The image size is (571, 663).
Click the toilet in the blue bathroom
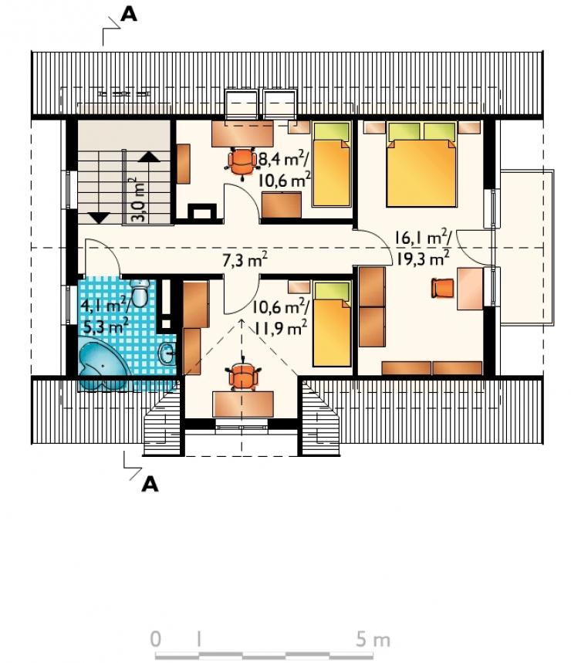pyautogui.click(x=139, y=293)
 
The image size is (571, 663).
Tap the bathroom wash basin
pyautogui.click(x=167, y=353)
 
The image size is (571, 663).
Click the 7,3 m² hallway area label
pyautogui.click(x=245, y=260)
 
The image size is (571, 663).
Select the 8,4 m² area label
pyautogui.click(x=283, y=160)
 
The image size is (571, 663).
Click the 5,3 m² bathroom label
pyautogui.click(x=106, y=326)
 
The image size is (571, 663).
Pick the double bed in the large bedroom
pyautogui.click(x=422, y=164)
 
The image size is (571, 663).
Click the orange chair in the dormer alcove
pyautogui.click(x=242, y=376)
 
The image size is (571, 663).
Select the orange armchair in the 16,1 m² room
pyautogui.click(x=442, y=288)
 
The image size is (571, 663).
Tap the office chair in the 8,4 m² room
pyautogui.click(x=242, y=161)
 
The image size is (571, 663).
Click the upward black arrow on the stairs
pyautogui.click(x=149, y=157)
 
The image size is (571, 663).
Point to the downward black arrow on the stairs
pyautogui.click(x=100, y=218)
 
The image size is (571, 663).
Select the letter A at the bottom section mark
pyautogui.click(x=150, y=484)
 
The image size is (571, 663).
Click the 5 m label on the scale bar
pyautogui.click(x=373, y=640)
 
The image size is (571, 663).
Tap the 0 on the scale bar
pyautogui.click(x=156, y=639)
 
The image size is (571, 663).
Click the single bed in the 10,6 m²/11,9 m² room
pyautogui.click(x=332, y=324)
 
